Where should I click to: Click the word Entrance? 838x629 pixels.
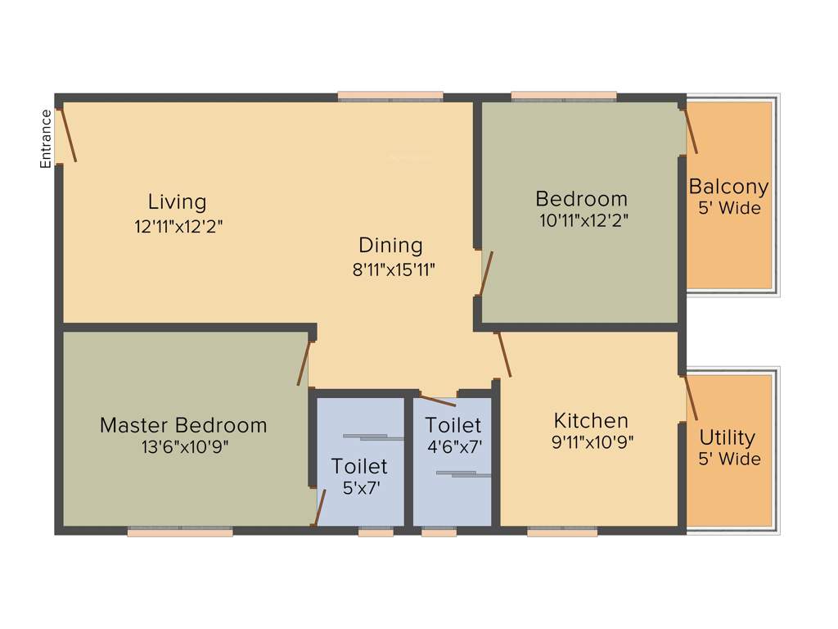pyautogui.click(x=47, y=139)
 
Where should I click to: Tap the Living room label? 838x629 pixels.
pyautogui.click(x=177, y=201)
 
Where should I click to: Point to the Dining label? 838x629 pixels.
pyautogui.click(x=391, y=245)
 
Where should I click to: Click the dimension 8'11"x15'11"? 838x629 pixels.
pyautogui.click(x=394, y=269)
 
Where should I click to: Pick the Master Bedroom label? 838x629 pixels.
pyautogui.click(x=183, y=426)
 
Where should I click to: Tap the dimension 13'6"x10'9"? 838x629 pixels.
pyautogui.click(x=184, y=448)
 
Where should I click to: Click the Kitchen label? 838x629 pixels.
pyautogui.click(x=591, y=421)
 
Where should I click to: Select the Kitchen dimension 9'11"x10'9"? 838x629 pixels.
pyautogui.click(x=593, y=443)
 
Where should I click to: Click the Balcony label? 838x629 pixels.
pyautogui.click(x=728, y=187)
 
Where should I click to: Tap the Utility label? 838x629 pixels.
pyautogui.click(x=728, y=437)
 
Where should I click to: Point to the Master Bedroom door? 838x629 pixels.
pyautogui.click(x=305, y=363)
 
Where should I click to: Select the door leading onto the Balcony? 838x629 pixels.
pyautogui.click(x=691, y=130)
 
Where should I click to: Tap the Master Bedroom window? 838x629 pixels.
pyautogui.click(x=180, y=532)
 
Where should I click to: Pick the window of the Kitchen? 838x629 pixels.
pyautogui.click(x=562, y=532)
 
